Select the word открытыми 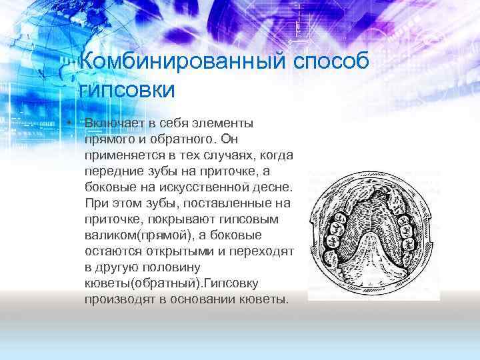point(172,252)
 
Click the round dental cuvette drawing point(374,233)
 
